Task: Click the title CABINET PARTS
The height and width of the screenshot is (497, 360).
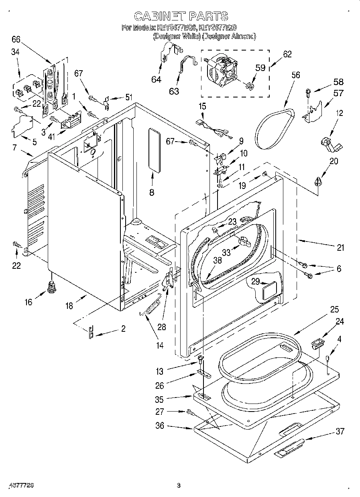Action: point(181,16)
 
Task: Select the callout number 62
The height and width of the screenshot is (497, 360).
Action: point(287,54)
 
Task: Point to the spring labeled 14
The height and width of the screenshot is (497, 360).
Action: point(150,306)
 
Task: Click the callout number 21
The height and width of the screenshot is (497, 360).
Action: point(340,247)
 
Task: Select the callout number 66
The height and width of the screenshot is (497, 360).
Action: point(16,39)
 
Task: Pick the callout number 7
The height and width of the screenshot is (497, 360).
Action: point(15,148)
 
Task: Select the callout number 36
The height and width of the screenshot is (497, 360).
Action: point(160,426)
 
